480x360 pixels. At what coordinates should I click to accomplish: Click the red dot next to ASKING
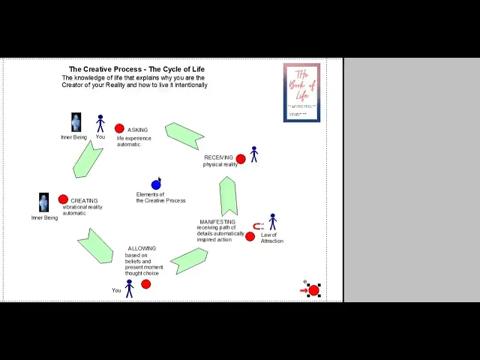pyautogui.click(x=119, y=129)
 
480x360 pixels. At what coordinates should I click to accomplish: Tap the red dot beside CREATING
pyautogui.click(x=63, y=199)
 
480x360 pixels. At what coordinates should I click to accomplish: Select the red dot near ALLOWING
pyautogui.click(x=145, y=283)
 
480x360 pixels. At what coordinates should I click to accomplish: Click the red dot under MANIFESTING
pyautogui.click(x=250, y=236)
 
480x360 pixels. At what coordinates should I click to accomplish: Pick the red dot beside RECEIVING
pyautogui.click(x=241, y=159)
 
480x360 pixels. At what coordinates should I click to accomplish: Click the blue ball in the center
pyautogui.click(x=156, y=184)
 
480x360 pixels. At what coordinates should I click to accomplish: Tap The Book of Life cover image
pyautogui.click(x=301, y=92)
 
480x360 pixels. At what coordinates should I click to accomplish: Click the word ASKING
pyautogui.click(x=137, y=130)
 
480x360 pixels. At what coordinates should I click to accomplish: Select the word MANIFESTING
pyautogui.click(x=217, y=222)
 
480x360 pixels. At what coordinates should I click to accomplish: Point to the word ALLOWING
pyautogui.click(x=142, y=248)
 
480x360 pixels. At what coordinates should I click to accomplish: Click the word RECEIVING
pyautogui.click(x=218, y=157)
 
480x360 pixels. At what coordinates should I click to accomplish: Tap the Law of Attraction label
pyautogui.click(x=271, y=238)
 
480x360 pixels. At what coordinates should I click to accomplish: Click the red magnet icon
pyautogui.click(x=257, y=226)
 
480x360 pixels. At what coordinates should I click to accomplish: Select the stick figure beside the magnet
pyautogui.click(x=272, y=222)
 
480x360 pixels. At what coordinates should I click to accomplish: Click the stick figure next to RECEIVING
pyautogui.click(x=254, y=154)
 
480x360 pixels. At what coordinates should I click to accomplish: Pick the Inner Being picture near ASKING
pyautogui.click(x=76, y=122)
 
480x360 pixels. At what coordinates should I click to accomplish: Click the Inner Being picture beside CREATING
pyautogui.click(x=43, y=202)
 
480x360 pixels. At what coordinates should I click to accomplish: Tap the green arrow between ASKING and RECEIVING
pyautogui.click(x=184, y=135)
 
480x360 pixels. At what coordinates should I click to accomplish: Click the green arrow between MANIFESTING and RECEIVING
pyautogui.click(x=229, y=196)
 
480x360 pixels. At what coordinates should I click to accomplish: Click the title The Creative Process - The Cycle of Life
pyautogui.click(x=136, y=70)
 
